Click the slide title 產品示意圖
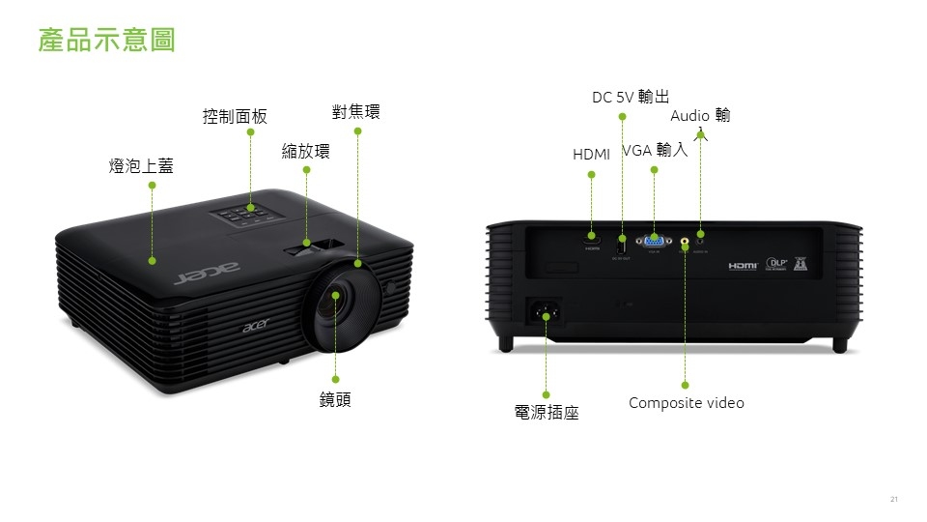(x=106, y=41)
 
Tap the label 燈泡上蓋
(x=141, y=166)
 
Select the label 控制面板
(x=235, y=117)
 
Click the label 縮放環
(x=305, y=151)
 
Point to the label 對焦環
(x=355, y=112)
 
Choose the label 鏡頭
(x=335, y=400)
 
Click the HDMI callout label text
(x=591, y=155)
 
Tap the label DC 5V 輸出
(x=630, y=97)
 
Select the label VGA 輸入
(x=655, y=150)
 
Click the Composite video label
(x=686, y=403)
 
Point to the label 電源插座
(x=547, y=413)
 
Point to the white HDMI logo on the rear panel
(x=743, y=265)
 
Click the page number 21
(x=893, y=499)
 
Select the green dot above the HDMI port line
(x=591, y=175)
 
